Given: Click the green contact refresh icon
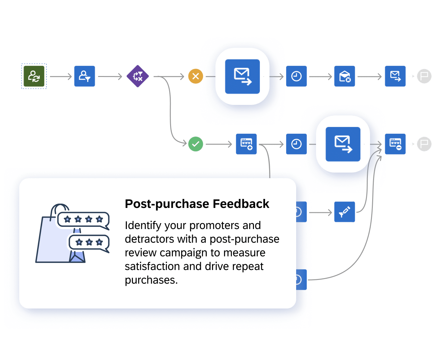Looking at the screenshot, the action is coord(34,76).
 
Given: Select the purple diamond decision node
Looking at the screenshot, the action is coord(138,76).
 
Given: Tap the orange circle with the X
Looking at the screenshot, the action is coord(196,76).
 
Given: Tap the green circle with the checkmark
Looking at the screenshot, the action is coord(196,144).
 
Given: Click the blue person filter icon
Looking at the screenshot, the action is coord(84,76).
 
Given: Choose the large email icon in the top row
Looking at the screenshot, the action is coord(242,76).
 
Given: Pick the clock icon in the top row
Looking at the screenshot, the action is coord(296,76).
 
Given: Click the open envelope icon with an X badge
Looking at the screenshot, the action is coord(345,76).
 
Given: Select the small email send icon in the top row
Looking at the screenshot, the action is coord(395,76).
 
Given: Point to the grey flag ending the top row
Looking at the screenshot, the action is coord(424,76).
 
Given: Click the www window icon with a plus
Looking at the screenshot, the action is coord(246,144).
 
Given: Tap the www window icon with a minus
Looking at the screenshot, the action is coord(395,144).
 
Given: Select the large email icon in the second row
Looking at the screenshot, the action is coord(343,144).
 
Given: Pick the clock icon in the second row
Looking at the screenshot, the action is coord(296,144).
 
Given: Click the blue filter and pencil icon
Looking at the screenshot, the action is coord(345,212).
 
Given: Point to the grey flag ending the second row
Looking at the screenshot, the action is coord(424,144).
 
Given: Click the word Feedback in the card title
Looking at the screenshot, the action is coord(241,204).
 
